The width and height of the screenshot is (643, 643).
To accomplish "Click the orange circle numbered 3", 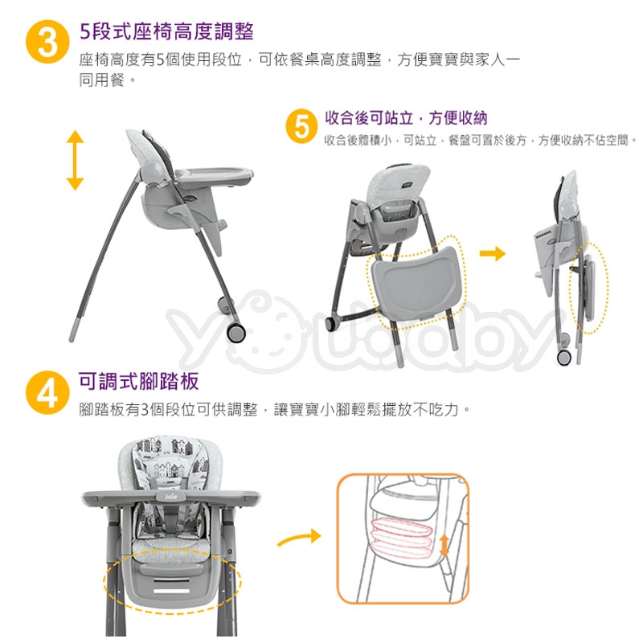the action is [47, 42].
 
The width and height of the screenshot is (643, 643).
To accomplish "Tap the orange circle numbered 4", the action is [47, 392].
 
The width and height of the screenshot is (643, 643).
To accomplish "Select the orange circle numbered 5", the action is [302, 126].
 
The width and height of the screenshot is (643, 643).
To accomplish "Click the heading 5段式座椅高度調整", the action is [166, 31].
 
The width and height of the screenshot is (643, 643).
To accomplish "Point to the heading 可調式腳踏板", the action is [138, 381].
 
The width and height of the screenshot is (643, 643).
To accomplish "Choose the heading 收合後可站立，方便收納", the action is [406, 117].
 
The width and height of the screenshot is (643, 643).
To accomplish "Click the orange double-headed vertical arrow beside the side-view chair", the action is [75, 160].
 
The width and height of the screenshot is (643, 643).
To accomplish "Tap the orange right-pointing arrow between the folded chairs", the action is [493, 253].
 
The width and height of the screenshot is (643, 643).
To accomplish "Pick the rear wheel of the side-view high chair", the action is [236, 333].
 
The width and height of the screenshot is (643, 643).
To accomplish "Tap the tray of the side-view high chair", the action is [214, 175].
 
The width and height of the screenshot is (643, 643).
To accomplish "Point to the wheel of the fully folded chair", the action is [564, 357].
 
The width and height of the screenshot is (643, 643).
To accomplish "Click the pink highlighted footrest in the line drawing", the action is [401, 537].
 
